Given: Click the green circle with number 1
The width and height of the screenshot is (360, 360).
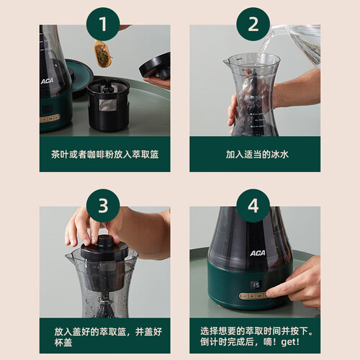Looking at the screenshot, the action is point(103,24).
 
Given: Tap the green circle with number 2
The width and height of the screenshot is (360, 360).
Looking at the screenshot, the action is point(253,24).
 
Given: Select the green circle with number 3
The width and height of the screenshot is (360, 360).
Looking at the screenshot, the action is point(103,206).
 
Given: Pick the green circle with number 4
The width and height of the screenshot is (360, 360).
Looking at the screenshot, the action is point(253,206).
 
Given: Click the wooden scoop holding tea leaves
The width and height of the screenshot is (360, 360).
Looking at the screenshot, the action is point(104,54).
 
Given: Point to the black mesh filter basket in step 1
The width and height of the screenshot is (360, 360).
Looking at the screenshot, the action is point(108,104).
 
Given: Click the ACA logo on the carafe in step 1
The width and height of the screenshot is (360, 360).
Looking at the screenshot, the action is point(47,81).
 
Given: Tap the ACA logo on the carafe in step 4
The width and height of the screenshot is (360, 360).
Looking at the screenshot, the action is point(258,253).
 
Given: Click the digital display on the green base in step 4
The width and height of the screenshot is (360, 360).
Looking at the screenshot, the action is point(256,285).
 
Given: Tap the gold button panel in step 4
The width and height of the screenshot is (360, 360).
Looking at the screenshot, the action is point(253,296).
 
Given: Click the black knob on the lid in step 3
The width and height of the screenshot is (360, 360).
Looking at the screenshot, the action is point(104,241).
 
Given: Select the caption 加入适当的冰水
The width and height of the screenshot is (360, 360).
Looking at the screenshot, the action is point(257,154).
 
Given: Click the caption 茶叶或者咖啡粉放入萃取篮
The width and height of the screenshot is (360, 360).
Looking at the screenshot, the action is point(105,154).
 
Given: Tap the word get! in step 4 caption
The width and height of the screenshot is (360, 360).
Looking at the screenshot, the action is point(290,342).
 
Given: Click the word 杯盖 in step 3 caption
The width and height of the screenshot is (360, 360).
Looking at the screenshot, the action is point(63,343).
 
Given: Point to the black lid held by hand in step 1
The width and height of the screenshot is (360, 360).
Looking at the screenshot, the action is point(155,66).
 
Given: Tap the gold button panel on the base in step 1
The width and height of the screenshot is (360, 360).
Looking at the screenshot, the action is point(50,119).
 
